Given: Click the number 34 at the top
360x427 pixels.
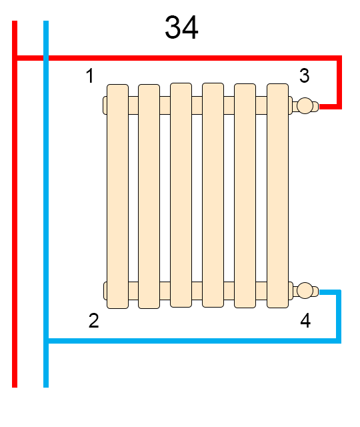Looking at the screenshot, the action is pos(181,27).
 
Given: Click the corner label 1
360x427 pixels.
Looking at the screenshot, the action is pos(90,75).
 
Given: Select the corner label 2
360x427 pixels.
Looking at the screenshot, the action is pos(93,320).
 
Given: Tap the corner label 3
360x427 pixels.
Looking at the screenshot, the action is pos(304,75).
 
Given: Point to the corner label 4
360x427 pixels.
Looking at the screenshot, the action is pos(305,320).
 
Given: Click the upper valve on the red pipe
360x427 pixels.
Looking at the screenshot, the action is pos(305,105).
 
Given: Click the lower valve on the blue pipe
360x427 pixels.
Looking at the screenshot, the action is pos(305,291).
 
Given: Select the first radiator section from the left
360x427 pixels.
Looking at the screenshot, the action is pos(117,196).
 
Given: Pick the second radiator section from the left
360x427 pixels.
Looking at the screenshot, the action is pos(149,196).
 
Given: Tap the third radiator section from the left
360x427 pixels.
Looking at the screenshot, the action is pos(181,195).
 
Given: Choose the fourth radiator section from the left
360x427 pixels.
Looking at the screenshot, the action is pos(213,195).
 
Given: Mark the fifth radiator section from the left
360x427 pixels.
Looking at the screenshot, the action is pos(245,195).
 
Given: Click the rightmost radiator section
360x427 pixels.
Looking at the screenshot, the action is pos(277,195).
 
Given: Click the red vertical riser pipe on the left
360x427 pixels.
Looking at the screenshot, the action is pos(15,204).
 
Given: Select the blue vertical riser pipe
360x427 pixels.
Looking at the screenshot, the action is pos(46,204).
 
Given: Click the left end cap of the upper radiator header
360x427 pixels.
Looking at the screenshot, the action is pos(105,105).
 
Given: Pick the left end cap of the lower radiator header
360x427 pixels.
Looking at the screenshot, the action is pos(105,291).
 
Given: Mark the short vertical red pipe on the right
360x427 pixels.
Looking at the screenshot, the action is pos(339,82).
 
